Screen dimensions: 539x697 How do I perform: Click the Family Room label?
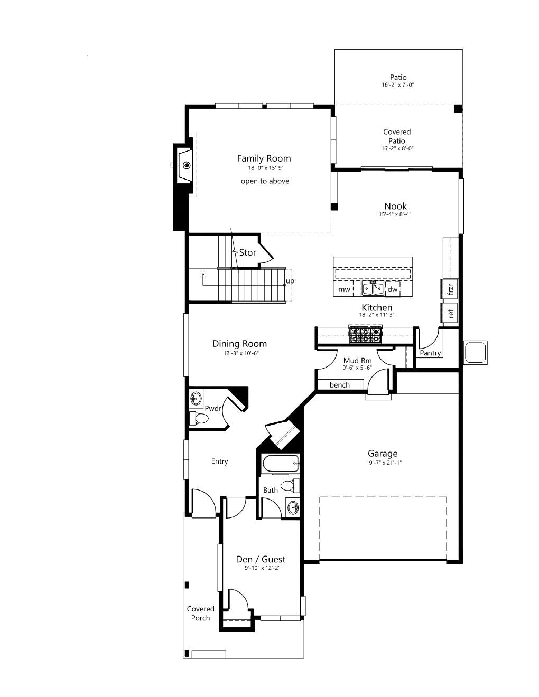(264, 158)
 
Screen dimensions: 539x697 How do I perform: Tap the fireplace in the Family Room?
(184, 165)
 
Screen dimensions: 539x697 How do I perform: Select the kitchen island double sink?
(373, 288)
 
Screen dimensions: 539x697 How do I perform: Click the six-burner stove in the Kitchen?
(366, 334)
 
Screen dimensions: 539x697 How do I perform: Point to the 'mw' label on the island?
(344, 290)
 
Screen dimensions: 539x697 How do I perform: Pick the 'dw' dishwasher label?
(392, 289)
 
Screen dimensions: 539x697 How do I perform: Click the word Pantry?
(430, 353)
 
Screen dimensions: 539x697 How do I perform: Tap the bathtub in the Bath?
(281, 464)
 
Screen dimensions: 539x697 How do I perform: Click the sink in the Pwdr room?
(196, 399)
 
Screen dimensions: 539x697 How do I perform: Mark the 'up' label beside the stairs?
(290, 281)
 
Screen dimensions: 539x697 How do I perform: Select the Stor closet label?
(247, 253)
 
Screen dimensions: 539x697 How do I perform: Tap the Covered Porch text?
(201, 614)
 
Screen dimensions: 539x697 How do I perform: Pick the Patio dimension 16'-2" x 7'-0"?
(398, 86)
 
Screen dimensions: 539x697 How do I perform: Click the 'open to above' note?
(265, 181)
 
